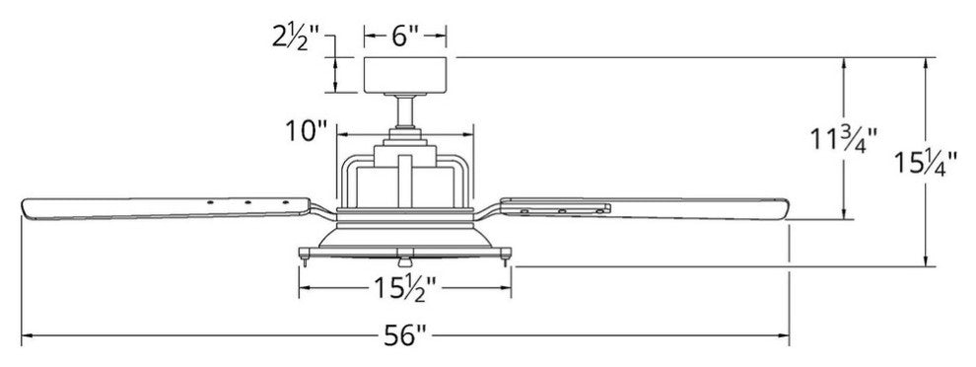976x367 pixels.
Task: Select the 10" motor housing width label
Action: click(x=306, y=131)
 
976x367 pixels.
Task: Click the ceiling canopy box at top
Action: click(x=405, y=75)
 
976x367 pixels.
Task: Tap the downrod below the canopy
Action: click(x=405, y=110)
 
